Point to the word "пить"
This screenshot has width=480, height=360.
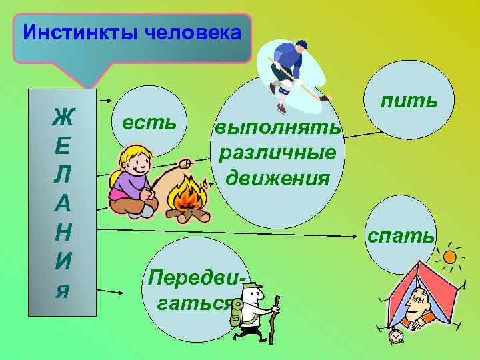pyautogui.click(x=409, y=101)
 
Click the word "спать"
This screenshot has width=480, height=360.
pyautogui.click(x=401, y=235)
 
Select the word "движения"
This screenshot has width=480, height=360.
pyautogui.click(x=278, y=178)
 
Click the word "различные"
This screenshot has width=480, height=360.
pyautogui.click(x=277, y=153)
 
